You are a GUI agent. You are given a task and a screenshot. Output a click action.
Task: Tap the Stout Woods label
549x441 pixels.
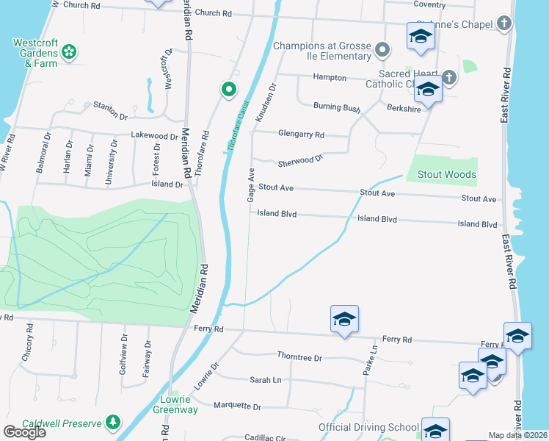pyautogui.click(x=446, y=175)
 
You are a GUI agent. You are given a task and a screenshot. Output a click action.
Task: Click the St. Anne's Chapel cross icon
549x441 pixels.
pyautogui.click(x=503, y=24)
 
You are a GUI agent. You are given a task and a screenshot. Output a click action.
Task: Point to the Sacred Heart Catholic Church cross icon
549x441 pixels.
pyautogui.click(x=449, y=76)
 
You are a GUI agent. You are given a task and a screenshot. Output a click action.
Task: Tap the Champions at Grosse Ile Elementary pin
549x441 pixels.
pyautogui.click(x=382, y=50)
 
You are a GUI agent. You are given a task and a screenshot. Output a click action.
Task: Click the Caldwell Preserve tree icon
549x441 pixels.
pyautogui.click(x=112, y=422)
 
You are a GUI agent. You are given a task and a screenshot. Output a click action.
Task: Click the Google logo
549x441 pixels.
pyautogui.click(x=23, y=432)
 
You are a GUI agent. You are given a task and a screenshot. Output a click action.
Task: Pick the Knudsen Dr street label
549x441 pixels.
pyautogui.click(x=266, y=102)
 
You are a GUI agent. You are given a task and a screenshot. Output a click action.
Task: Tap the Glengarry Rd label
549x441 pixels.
pyautogui.click(x=301, y=134)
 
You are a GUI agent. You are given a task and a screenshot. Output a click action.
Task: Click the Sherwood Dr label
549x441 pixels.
pyautogui.click(x=300, y=159)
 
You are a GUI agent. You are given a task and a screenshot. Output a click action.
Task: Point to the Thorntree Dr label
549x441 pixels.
pyautogui.click(x=299, y=357)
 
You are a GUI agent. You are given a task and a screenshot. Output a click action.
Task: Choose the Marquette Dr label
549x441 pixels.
pyautogui.click(x=236, y=406)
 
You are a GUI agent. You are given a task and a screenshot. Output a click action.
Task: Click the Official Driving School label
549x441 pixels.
pyautogui.click(x=368, y=427)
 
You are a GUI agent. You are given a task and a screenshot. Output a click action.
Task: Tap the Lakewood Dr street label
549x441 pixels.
pyautogui.click(x=155, y=135)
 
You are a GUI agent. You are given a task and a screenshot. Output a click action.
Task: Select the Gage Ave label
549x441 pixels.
pyautogui.click(x=250, y=184)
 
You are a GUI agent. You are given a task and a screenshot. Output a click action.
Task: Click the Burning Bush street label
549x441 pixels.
pyautogui.click(x=337, y=107)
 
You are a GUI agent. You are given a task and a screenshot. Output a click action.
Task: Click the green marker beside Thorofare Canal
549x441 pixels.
pyautogui.click(x=229, y=90)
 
